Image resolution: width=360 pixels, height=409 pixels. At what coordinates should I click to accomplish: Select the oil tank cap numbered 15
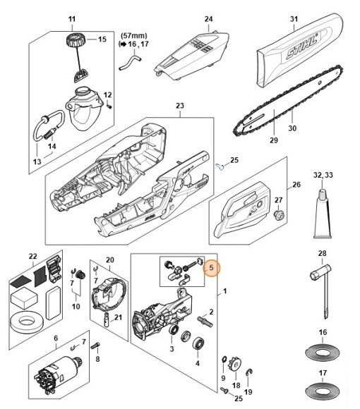pyautogui.click(x=72, y=37)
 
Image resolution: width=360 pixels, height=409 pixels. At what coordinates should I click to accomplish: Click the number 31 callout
pyautogui.click(x=294, y=19)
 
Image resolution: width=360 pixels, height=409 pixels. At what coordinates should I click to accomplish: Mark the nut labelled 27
pyautogui.click(x=279, y=214)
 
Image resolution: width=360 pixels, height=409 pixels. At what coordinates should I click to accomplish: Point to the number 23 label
pyautogui.click(x=179, y=106)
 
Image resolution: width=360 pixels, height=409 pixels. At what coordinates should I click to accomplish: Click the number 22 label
pyautogui.click(x=32, y=255)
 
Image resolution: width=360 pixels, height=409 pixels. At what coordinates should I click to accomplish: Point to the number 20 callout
pyautogui.click(x=109, y=260)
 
